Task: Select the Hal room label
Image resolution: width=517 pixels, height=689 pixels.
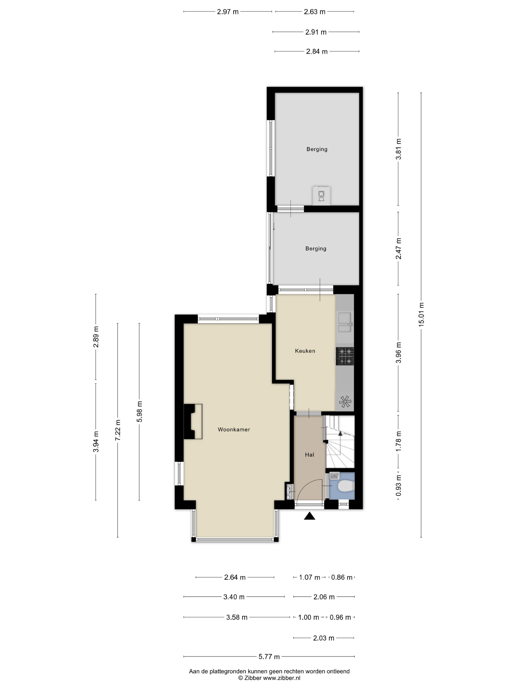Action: pos(309,455)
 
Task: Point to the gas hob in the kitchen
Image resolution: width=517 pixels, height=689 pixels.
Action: pos(345,356)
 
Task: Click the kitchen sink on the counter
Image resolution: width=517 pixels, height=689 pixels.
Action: pos(345,323)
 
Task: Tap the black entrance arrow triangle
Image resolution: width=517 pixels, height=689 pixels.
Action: pos(309,516)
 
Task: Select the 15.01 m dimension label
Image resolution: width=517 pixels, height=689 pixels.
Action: pos(421,314)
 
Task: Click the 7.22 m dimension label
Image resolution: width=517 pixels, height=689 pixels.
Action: pos(118,430)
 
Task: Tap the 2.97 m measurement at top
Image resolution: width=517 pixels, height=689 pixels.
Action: pos(228,12)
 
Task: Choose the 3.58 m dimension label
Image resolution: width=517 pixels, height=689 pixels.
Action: pos(237,617)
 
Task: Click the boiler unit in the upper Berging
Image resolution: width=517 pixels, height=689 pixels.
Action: pos(321,196)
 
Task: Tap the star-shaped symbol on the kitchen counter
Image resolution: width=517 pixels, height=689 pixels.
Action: pos(345,402)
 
